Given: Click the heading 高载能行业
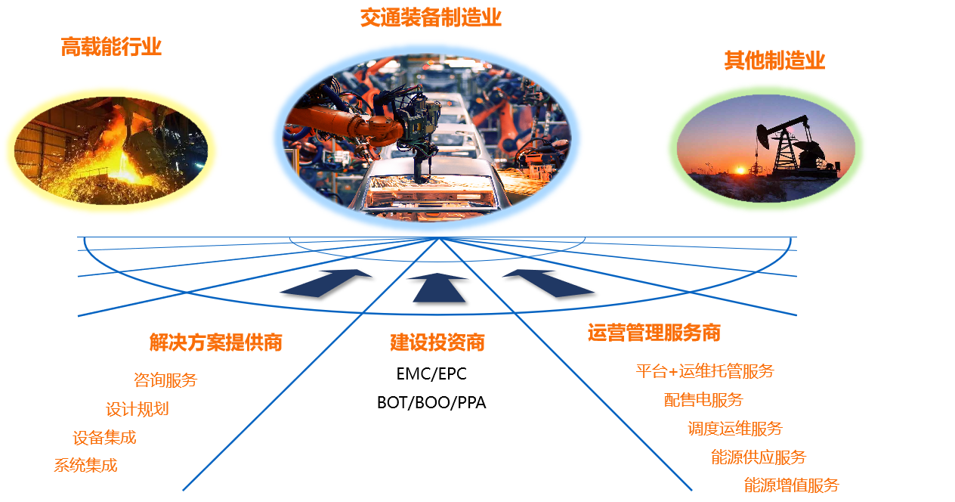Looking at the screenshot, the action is coord(111,47).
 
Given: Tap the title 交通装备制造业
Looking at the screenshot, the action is coord(431,18).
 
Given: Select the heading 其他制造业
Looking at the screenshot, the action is coord(774,60).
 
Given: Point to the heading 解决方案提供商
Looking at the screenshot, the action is coord(216,342).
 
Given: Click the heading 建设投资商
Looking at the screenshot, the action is coord(437,342).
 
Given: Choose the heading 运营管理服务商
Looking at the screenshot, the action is coord(654,333).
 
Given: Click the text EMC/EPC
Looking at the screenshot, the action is coord(431,373).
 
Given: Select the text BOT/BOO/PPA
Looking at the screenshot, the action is coord(431,402).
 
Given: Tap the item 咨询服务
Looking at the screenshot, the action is coord(165,380).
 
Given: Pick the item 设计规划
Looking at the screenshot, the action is coord(138,409).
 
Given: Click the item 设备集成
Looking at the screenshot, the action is coord(104,438).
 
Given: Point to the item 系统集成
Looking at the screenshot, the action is coord(85,465).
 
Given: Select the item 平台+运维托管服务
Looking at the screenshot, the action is coord(705,371).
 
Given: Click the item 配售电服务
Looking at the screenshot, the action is coord(703,400).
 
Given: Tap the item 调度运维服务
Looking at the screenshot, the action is coord(735,428).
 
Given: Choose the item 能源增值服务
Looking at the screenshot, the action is coord(791,485).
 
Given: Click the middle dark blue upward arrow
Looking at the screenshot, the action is coord(439,288).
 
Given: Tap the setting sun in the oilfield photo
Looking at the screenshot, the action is coord(741,170).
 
